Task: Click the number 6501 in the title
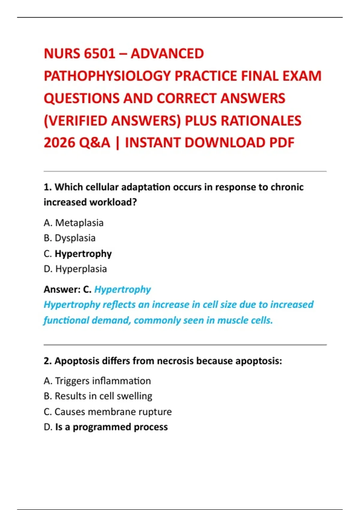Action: click(x=100, y=54)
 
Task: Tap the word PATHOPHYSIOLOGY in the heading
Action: click(x=107, y=76)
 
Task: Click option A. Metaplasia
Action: click(x=73, y=223)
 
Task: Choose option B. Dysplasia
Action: click(x=70, y=238)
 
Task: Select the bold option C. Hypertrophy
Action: click(x=78, y=254)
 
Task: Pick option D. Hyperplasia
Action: click(x=75, y=269)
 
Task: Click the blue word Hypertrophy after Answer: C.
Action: click(x=122, y=289)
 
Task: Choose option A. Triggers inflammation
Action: click(x=97, y=381)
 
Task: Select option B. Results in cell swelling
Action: click(x=98, y=396)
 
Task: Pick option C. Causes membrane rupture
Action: click(x=108, y=412)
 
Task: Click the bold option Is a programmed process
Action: click(x=111, y=427)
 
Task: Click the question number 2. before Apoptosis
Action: click(x=48, y=361)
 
